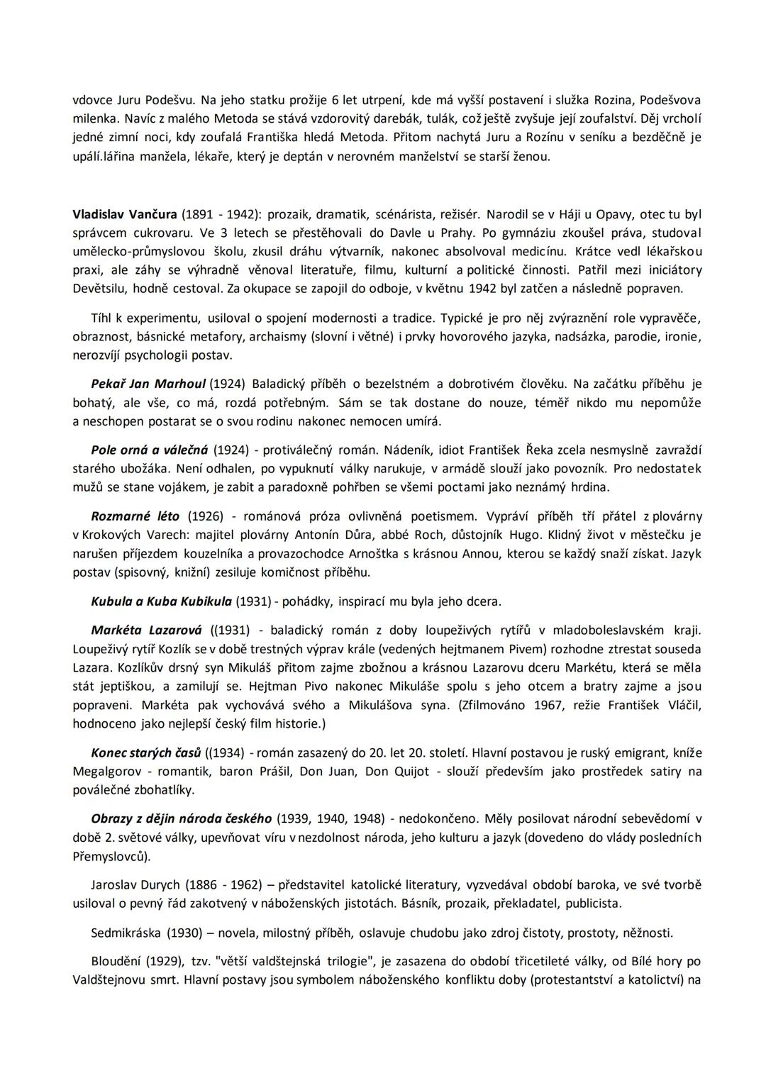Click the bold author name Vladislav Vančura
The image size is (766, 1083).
pos(125,213)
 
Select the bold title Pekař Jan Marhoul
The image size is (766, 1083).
pos(148,384)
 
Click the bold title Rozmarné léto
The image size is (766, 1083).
pos(135,516)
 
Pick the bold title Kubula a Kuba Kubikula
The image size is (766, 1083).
pos(161,601)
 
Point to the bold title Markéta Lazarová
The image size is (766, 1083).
pos(146,630)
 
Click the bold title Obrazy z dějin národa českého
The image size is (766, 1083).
pos(181,818)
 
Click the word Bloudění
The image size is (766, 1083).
pos(116,961)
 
